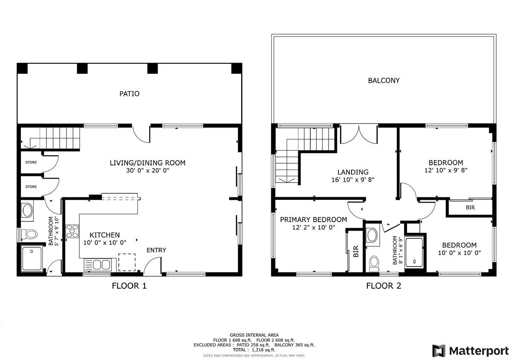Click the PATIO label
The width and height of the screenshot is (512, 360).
[129, 94]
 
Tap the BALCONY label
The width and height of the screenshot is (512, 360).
[384, 81]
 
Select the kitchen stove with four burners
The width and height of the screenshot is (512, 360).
[73, 231]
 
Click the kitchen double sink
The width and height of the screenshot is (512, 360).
[98, 265]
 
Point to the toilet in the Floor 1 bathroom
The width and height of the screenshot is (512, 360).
[29, 234]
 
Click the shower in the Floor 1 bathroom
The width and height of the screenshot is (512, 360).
[32, 259]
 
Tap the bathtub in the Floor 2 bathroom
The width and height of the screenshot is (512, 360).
[414, 253]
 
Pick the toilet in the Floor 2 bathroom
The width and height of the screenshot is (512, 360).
[374, 264]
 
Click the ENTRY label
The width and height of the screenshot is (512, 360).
[156, 250]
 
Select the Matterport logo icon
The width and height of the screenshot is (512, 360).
[439, 351]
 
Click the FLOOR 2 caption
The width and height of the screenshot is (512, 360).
[384, 286]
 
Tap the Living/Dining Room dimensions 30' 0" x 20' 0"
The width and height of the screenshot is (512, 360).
[148, 170]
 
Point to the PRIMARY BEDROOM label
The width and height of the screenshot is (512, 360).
[313, 220]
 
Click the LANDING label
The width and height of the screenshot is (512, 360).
[353, 172]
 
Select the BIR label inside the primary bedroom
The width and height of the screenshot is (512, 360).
[356, 252]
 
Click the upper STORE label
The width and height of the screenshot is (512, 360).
[31, 162]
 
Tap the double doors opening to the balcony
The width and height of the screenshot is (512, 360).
[359, 134]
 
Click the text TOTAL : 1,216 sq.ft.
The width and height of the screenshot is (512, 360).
[254, 350]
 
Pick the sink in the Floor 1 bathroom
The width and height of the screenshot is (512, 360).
[27, 211]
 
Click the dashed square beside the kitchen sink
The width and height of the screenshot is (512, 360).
[127, 262]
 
